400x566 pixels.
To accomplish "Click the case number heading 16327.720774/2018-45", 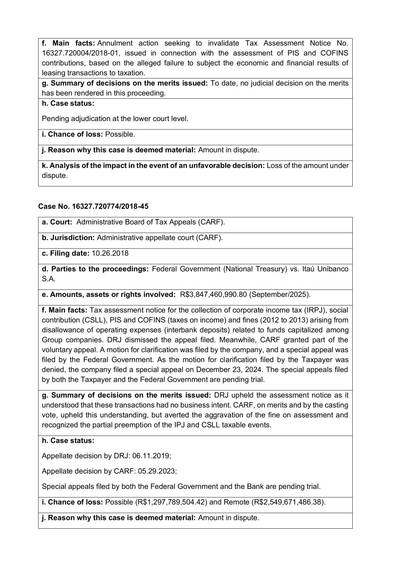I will click(93, 206).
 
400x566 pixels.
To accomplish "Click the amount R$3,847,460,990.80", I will click(213, 294).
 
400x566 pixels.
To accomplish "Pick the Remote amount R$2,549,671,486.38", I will click(287, 502).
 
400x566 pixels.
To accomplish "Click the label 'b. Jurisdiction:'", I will click(68, 238).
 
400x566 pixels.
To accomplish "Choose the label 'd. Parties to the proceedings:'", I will click(95, 269).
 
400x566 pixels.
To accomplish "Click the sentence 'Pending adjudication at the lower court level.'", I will click(115, 119).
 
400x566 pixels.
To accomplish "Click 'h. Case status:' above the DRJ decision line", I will click(68, 440).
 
